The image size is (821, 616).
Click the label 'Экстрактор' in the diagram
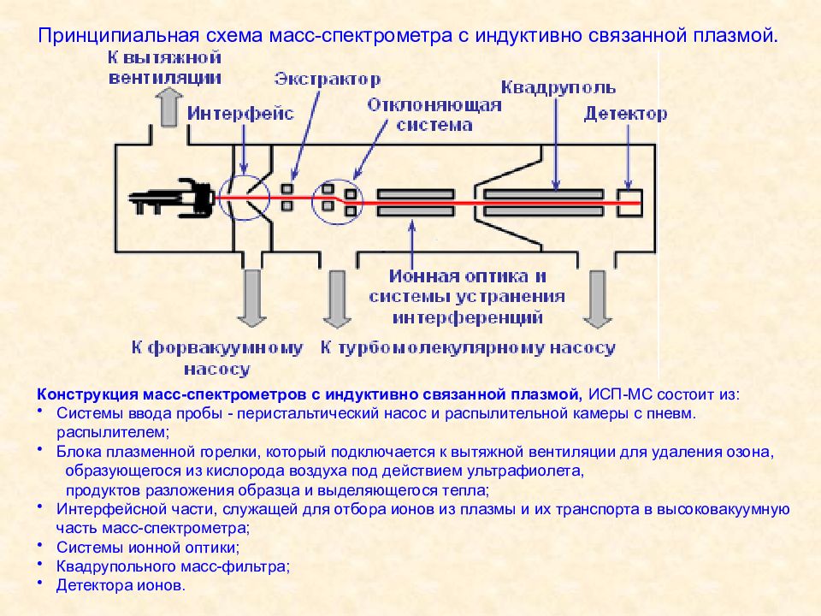[x=328, y=80]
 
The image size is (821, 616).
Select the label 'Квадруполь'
[x=558, y=87]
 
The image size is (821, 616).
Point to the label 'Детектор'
[x=626, y=115]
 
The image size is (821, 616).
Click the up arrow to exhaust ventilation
[x=168, y=110]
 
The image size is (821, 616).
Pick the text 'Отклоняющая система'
[x=434, y=115]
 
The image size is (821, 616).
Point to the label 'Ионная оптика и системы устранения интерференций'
[x=467, y=297]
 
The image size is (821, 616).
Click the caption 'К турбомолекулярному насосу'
[x=467, y=348]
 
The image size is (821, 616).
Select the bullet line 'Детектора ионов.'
[x=120, y=586]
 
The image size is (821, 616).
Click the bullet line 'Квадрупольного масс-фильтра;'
[x=174, y=566]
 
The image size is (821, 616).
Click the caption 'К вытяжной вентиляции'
[x=165, y=68]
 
